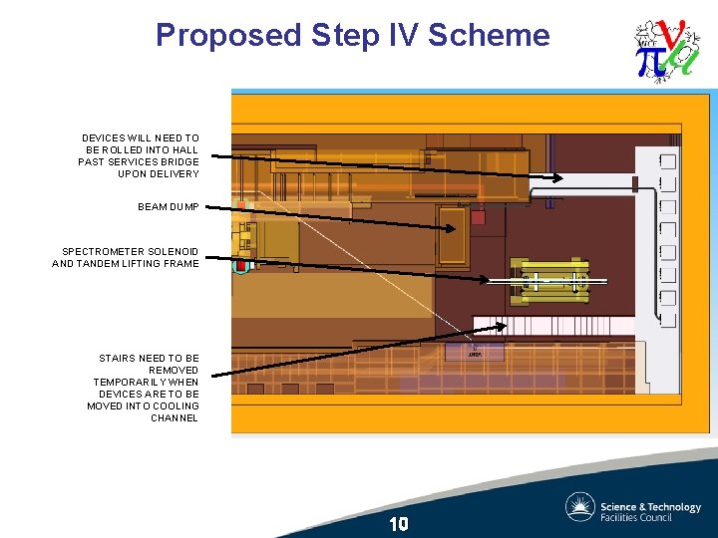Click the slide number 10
tap(399, 524)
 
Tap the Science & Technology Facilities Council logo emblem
tap(579, 507)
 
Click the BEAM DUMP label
tap(169, 207)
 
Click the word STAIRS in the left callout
tap(118, 358)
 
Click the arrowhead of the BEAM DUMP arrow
tap(454, 229)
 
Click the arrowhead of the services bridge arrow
tap(559, 177)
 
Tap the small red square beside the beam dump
tap(478, 217)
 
